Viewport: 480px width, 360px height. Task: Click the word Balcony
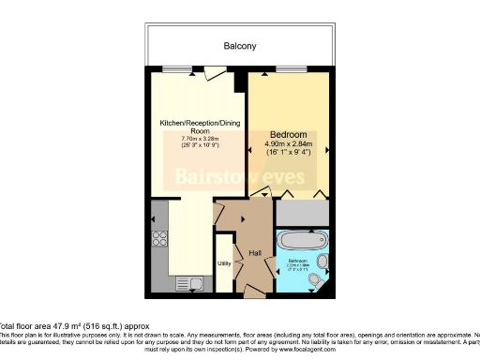point(240,46)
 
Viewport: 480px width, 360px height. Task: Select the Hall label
point(254,253)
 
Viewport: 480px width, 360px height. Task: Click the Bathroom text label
point(297,260)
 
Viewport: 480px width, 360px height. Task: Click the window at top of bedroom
point(290,71)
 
